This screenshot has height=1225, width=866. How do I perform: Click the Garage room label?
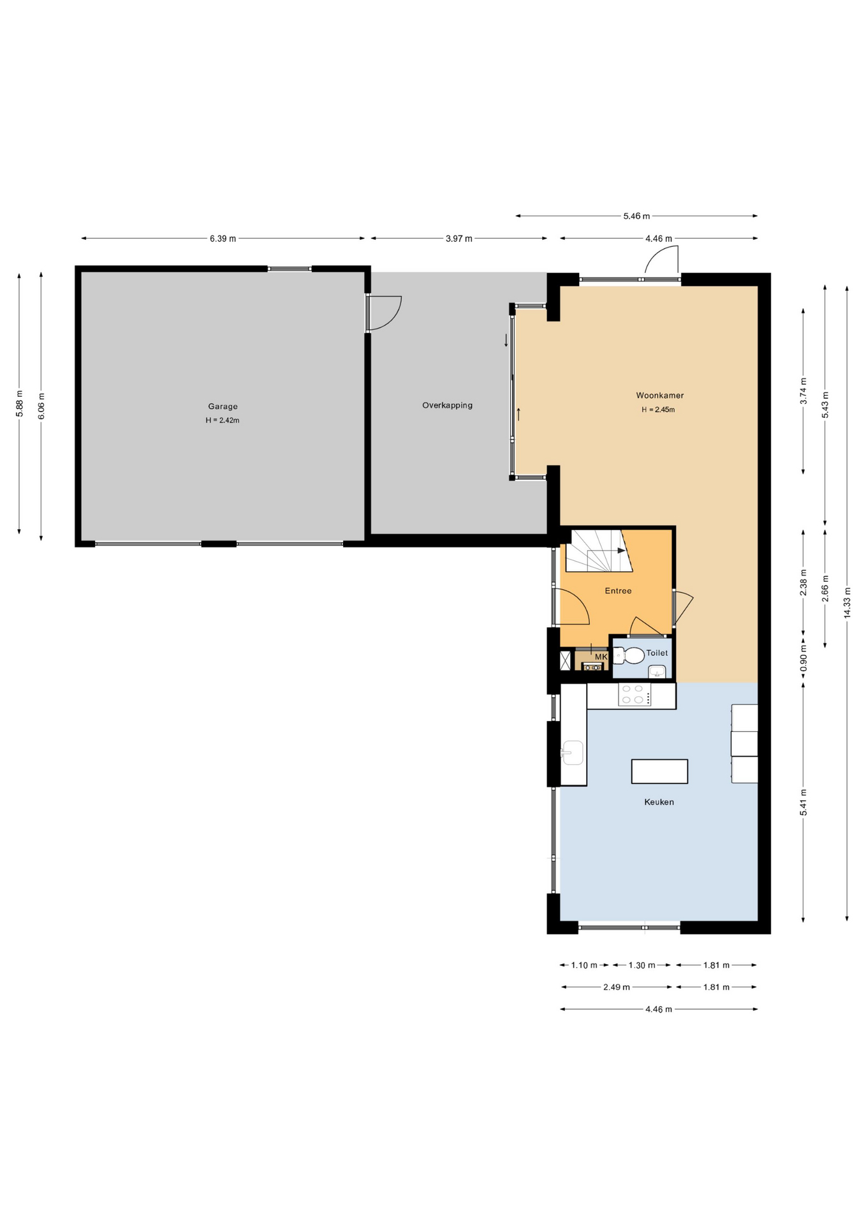pyautogui.click(x=223, y=406)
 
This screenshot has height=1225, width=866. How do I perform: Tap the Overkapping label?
pyautogui.click(x=447, y=405)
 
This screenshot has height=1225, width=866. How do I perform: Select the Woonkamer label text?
pyautogui.click(x=659, y=396)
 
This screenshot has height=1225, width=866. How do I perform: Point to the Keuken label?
pyautogui.click(x=659, y=802)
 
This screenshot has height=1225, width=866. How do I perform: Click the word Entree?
pyautogui.click(x=618, y=591)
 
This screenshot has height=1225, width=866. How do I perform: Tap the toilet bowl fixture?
pyautogui.click(x=629, y=655)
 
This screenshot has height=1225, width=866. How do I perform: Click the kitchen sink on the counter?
pyautogui.click(x=573, y=753)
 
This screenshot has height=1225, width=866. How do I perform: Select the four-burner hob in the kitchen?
pyautogui.click(x=635, y=694)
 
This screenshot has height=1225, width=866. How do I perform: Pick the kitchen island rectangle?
pyautogui.click(x=659, y=771)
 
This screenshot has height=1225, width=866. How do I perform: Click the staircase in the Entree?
pyautogui.click(x=598, y=551)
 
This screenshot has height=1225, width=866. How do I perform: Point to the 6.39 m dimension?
pyautogui.click(x=223, y=239)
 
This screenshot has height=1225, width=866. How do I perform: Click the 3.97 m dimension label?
pyautogui.click(x=459, y=239)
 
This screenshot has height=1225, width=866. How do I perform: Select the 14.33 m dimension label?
pyautogui.click(x=847, y=602)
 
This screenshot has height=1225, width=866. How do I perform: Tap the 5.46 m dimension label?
pyautogui.click(x=636, y=216)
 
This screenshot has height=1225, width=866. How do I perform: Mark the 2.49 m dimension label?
pyautogui.click(x=617, y=987)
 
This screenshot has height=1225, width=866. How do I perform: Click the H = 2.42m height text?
pyautogui.click(x=223, y=420)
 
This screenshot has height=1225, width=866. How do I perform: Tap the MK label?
pyautogui.click(x=601, y=657)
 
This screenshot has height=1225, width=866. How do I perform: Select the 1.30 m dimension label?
pyautogui.click(x=642, y=965)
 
